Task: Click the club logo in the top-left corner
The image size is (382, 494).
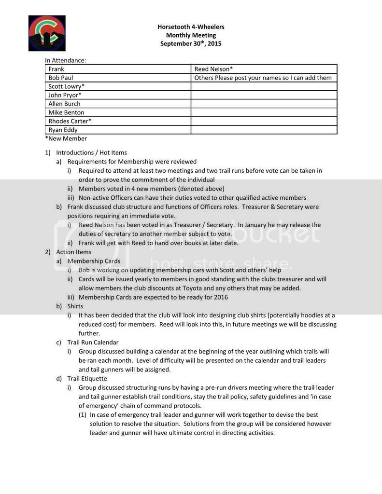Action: tap(47, 33)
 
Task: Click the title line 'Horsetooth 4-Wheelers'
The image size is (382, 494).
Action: tap(191, 27)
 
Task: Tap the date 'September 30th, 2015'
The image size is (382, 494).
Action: tap(191, 43)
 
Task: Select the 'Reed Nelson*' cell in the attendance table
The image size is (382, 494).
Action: tap(213, 69)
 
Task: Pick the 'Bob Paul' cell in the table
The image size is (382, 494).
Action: tap(61, 78)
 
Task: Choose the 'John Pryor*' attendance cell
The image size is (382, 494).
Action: tap(65, 95)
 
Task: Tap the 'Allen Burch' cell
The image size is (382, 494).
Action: tap(64, 104)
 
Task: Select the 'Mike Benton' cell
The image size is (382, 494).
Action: tap(66, 112)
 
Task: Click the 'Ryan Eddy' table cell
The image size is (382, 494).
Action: tap(63, 130)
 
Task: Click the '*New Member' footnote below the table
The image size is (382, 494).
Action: tap(66, 138)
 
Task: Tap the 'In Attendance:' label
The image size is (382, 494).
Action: tap(66, 60)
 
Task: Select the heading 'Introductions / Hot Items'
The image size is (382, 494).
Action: tap(91, 152)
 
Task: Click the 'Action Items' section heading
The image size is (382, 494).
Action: tap(73, 252)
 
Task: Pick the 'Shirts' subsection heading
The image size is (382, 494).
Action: tap(75, 306)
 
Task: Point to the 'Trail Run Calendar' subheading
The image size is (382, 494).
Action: tap(93, 343)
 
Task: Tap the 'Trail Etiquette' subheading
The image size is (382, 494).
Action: tap(87, 379)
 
